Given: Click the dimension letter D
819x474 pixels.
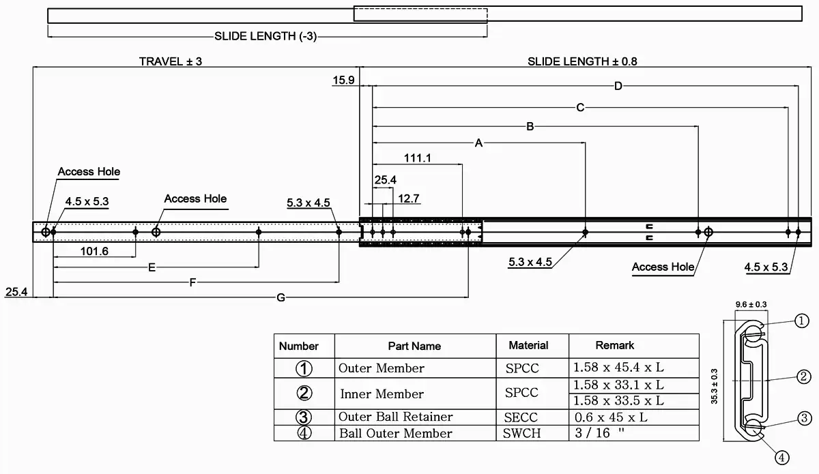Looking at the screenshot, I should point(618,86).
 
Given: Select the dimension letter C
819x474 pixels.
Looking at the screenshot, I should point(580,107).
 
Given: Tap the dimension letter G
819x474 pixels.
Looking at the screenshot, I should point(281,297).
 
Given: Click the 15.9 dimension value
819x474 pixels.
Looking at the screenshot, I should point(343,80).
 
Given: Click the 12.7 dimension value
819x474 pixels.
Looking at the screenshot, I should point(408,198).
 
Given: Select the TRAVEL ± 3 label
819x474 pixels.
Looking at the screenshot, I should point(171,61).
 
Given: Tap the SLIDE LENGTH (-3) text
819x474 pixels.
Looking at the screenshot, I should point(266,35).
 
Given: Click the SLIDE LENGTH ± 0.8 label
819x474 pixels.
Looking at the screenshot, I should point(582,61).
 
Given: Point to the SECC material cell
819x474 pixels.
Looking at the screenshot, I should point(522,417).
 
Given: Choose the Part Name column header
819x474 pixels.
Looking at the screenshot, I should point(414,346).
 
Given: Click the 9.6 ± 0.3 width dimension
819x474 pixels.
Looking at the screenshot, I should point(750,304).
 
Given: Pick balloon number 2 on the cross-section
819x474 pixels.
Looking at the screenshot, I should point(803,376).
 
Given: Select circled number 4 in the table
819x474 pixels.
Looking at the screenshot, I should point(304,433).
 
